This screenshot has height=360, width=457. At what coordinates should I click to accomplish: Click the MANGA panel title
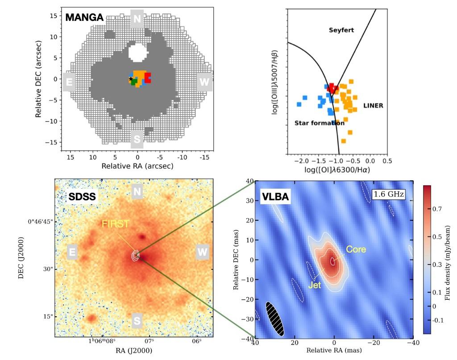coord(85,18)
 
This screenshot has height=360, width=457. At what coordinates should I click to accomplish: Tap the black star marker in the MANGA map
coord(131,79)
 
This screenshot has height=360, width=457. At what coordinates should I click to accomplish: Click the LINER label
coord(373,106)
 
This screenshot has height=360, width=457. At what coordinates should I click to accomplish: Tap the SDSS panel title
coord(82,197)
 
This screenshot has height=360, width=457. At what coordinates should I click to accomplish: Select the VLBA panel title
coord(275,196)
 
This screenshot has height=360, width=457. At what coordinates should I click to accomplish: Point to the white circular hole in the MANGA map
coord(137,53)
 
